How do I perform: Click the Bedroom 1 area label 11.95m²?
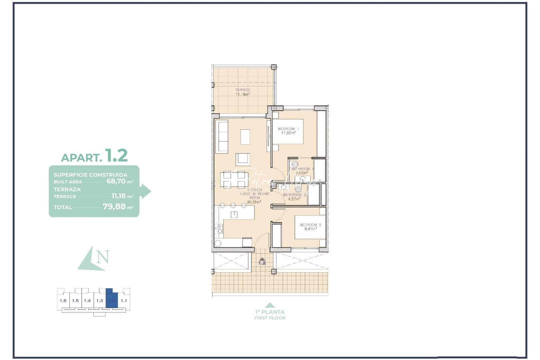click(288, 133)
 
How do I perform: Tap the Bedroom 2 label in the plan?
click(310, 225)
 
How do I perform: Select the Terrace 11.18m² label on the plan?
click(243, 92)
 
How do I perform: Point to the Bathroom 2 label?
click(294, 195)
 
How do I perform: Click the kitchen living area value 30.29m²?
click(254, 202)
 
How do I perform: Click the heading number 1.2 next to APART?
click(116, 155)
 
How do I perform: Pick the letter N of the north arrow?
click(103, 257)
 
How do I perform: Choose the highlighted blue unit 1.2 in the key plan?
click(111, 300)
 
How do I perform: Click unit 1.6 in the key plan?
click(63, 300)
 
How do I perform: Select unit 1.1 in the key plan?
click(124, 300)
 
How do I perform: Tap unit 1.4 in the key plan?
click(87, 300)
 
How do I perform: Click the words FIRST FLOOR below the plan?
click(270, 318)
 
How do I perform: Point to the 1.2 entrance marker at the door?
click(262, 263)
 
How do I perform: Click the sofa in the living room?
click(222, 137)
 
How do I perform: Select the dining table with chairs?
click(234, 180)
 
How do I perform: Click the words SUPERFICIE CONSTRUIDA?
click(90, 175)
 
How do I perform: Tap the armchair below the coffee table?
click(243, 159)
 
